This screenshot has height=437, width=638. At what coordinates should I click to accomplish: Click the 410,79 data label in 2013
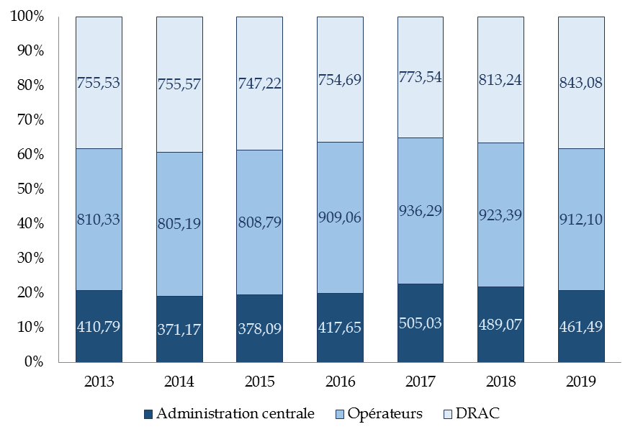tap(99, 326)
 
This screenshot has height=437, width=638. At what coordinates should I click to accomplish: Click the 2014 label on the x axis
tap(179, 382)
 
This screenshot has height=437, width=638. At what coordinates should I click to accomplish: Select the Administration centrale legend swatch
tap(149, 414)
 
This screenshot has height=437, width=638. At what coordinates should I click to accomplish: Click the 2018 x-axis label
tap(501, 382)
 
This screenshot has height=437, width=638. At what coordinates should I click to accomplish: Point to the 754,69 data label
tap(340, 81)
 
